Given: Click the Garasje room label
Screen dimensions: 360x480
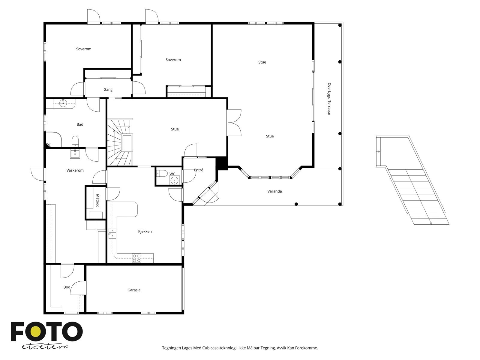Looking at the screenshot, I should pyautogui.click(x=134, y=290).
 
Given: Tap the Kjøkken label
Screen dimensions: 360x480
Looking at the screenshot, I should pyautogui.click(x=145, y=231).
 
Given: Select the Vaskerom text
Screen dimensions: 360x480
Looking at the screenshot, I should pyautogui.click(x=75, y=170).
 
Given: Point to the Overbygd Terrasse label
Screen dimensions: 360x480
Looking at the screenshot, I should pyautogui.click(x=329, y=99).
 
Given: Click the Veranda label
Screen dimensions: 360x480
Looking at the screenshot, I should pyautogui.click(x=274, y=191).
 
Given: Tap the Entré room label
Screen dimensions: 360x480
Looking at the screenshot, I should pyautogui.click(x=199, y=170).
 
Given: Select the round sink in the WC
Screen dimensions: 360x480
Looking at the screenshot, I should pyautogui.click(x=174, y=180).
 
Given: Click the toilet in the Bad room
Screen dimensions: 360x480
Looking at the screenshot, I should pyautogui.click(x=75, y=141).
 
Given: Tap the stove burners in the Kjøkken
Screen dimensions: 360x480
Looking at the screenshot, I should pyautogui.click(x=137, y=258).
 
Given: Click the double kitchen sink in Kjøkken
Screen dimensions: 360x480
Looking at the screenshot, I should pyautogui.click(x=112, y=233).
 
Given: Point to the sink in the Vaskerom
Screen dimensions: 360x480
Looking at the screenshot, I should pyautogui.click(x=75, y=154).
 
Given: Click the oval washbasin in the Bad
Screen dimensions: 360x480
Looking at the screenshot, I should pyautogui.click(x=63, y=103).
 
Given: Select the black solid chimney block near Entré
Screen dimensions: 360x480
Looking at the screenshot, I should pyautogui.click(x=222, y=163).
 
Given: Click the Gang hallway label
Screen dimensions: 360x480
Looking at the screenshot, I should pyautogui.click(x=108, y=89).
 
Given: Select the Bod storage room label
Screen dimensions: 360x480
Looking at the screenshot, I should pyautogui.click(x=67, y=287).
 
